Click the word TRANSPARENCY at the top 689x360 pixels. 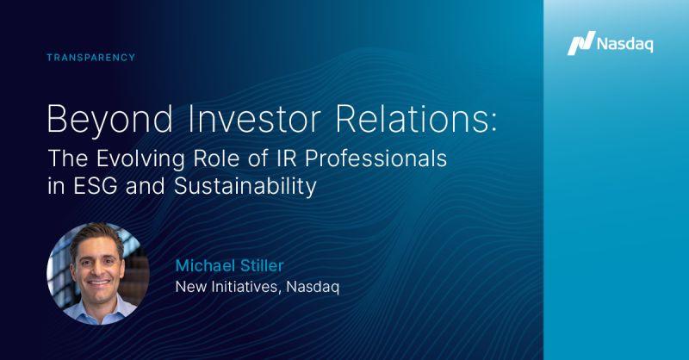point(92,58)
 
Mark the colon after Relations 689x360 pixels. point(492,120)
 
